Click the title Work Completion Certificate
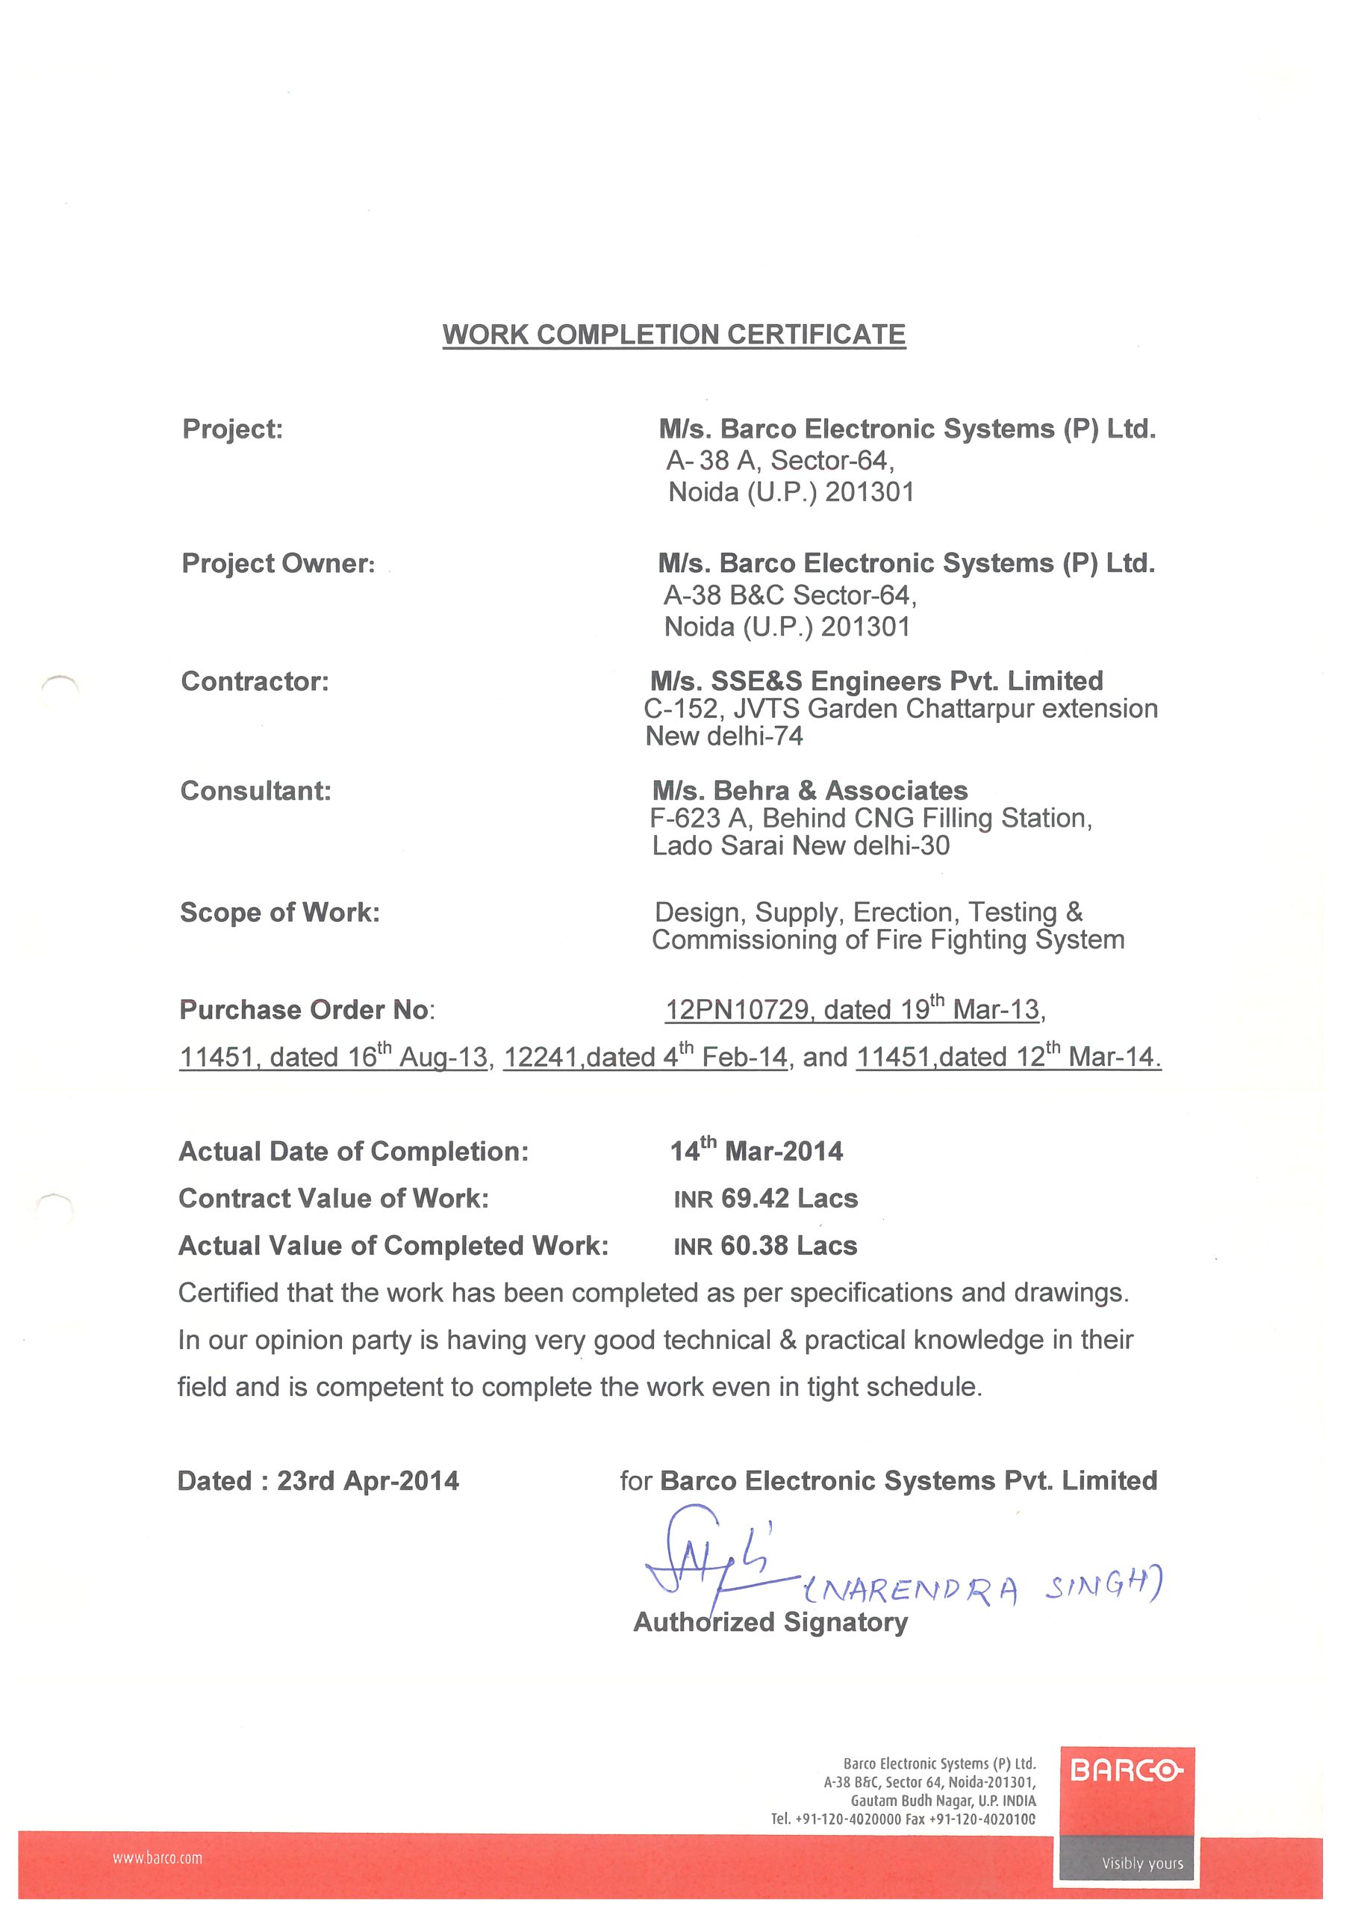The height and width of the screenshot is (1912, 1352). pyautogui.click(x=673, y=335)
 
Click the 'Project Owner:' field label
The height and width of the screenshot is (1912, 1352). pyautogui.click(x=278, y=564)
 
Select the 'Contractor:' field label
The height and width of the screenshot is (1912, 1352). pyautogui.click(x=255, y=681)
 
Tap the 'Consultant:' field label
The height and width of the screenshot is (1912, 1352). pyautogui.click(x=255, y=790)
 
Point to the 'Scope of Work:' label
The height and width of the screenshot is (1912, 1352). pyautogui.click(x=280, y=912)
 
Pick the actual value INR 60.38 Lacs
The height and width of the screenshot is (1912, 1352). pyautogui.click(x=765, y=1246)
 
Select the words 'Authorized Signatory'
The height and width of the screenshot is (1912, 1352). pyautogui.click(x=770, y=1622)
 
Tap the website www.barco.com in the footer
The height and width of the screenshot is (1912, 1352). pyautogui.click(x=158, y=1858)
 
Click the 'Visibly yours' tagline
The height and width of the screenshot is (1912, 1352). pyautogui.click(x=1142, y=1863)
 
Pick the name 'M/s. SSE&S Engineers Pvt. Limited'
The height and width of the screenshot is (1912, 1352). pyautogui.click(x=876, y=681)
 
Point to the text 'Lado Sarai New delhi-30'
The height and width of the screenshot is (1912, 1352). pyautogui.click(x=800, y=846)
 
